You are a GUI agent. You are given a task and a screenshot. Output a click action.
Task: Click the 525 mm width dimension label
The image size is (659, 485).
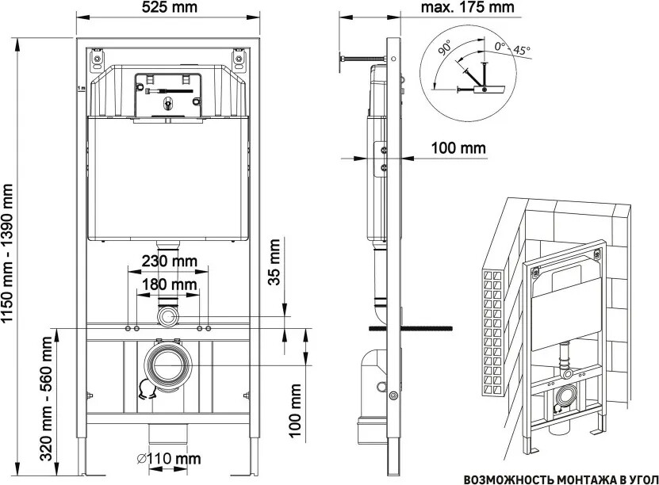pyautogui.click(x=169, y=7)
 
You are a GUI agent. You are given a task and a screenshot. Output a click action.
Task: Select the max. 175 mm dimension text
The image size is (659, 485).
pyautogui.click(x=467, y=7)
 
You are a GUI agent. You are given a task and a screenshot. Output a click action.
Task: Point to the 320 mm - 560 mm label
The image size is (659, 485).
pyautogui.click(x=47, y=398)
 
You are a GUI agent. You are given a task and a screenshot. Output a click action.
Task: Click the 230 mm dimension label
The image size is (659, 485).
pyautogui.click(x=169, y=262)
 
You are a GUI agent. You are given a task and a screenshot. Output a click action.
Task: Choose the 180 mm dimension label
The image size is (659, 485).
pyautogui.click(x=169, y=285)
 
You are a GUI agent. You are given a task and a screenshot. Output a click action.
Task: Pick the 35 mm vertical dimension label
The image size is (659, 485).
pyautogui.click(x=274, y=262)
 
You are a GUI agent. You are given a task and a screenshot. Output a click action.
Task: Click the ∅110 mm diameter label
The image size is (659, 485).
pyautogui.click(x=169, y=458)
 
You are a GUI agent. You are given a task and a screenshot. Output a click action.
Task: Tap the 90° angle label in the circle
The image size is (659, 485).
pyautogui.click(x=444, y=47)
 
